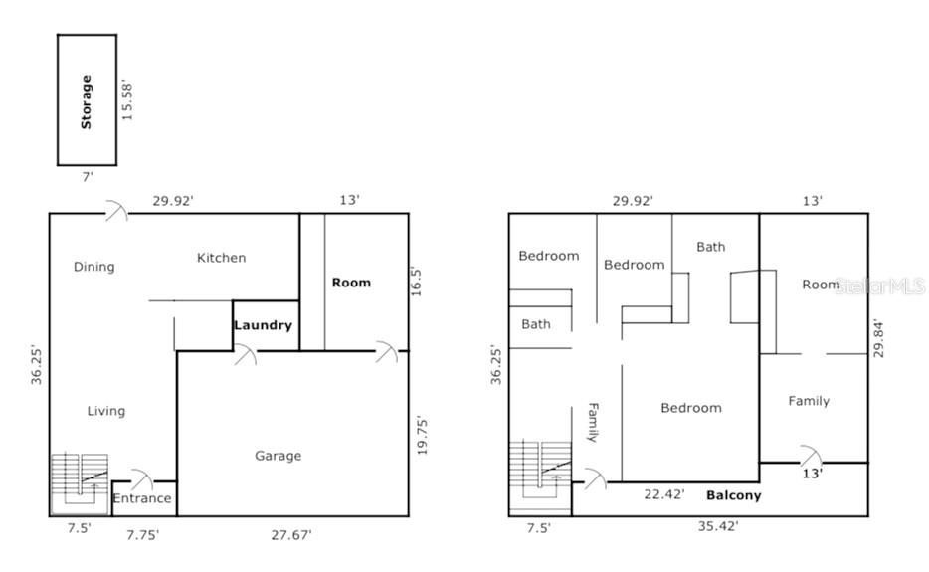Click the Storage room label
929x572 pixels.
click(87, 101)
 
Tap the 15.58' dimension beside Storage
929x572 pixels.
click(127, 100)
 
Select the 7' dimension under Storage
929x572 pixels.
click(88, 177)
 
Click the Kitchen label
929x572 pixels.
click(221, 258)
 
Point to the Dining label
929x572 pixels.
click(94, 267)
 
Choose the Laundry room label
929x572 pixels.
click(263, 325)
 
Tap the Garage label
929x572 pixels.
click(278, 456)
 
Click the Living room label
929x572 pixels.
click(106, 411)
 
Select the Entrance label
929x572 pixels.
click(142, 498)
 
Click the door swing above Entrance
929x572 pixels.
click(142, 478)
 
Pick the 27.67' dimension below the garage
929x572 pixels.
click(290, 535)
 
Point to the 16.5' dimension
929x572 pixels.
click(417, 282)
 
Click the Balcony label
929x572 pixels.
click(733, 495)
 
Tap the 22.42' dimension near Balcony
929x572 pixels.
click(664, 493)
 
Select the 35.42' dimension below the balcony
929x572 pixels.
click(718, 526)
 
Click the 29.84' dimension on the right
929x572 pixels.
click(878, 338)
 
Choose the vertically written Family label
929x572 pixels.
click(593, 422)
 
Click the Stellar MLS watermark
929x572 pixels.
click(879, 286)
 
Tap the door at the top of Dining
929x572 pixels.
click(116, 211)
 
